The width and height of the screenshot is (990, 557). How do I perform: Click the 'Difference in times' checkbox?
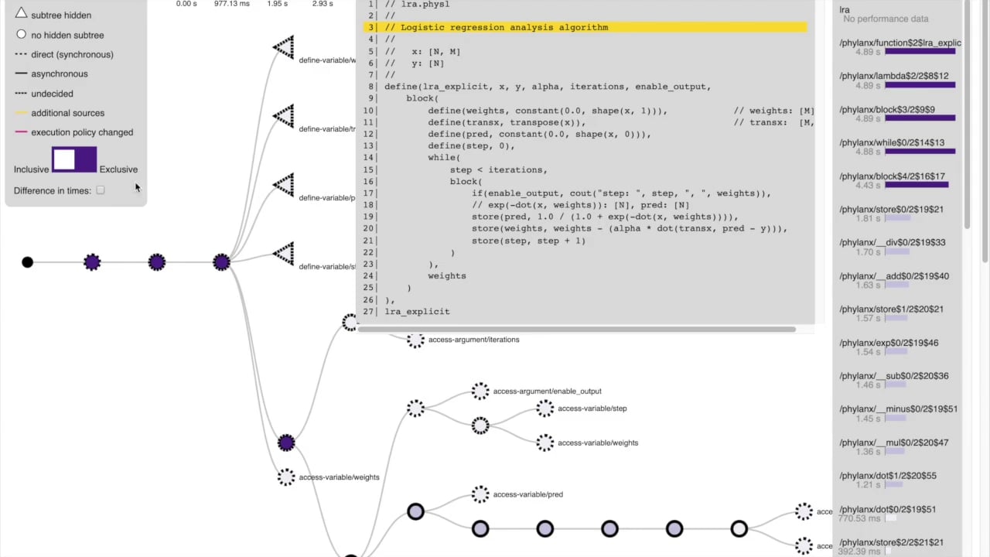[101, 190]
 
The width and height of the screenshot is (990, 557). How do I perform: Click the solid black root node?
[28, 262]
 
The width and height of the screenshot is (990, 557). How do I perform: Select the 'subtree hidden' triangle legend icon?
[22, 14]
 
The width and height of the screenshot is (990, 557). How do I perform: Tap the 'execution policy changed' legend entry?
[81, 132]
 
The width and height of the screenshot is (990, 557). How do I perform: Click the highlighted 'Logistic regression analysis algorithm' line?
[504, 28]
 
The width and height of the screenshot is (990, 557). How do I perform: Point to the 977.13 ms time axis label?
[231, 4]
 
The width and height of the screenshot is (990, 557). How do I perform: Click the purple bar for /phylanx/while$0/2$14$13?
[920, 152]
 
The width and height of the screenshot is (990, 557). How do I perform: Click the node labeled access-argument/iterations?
[416, 340]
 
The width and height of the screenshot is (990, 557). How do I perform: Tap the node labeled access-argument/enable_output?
[480, 391]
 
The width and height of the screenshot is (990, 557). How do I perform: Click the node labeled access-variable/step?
[545, 408]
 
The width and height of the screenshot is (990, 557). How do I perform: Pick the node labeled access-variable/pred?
[480, 494]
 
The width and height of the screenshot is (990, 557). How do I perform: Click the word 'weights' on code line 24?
[447, 276]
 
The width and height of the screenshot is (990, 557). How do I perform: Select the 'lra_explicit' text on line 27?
[417, 312]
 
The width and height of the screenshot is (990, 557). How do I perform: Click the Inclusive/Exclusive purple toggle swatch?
[74, 160]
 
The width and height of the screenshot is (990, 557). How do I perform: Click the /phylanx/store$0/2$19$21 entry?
[891, 210]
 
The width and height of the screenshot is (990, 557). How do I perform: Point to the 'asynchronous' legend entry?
[59, 74]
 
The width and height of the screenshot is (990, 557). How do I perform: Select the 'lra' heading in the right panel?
[845, 10]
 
